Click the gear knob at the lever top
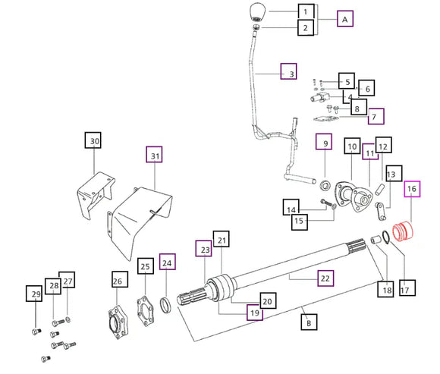(x=256, y=12)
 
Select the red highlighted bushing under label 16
(x=403, y=231)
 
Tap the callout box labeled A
(x=345, y=19)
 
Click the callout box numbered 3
(x=289, y=71)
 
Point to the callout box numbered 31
(x=154, y=154)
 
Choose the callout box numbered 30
(x=93, y=140)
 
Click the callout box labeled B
(x=309, y=322)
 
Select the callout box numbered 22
(x=325, y=278)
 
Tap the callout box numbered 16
(x=412, y=189)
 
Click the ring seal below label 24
(x=166, y=305)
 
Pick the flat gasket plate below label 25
(x=146, y=310)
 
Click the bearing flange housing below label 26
(x=118, y=322)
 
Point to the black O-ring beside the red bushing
(x=385, y=236)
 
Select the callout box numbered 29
(x=34, y=294)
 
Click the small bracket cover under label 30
(x=96, y=194)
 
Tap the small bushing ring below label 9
(x=325, y=186)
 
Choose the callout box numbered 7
(x=376, y=116)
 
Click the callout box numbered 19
(x=255, y=313)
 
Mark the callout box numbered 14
(x=291, y=208)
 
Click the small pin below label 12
(x=379, y=190)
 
